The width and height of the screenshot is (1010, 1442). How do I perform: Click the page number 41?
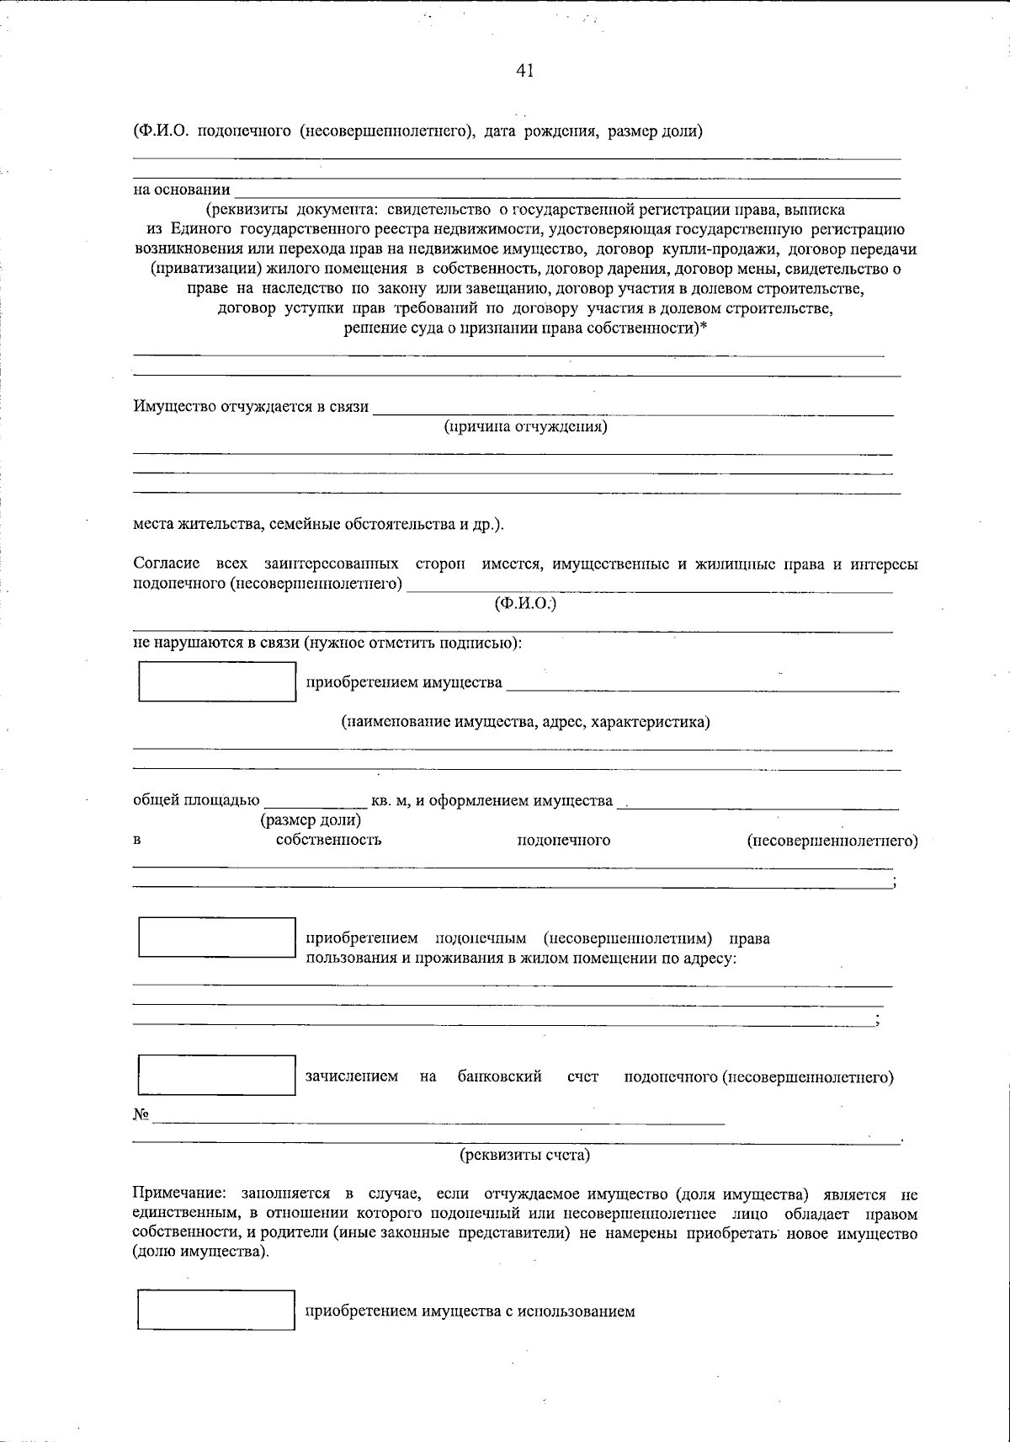click(x=524, y=71)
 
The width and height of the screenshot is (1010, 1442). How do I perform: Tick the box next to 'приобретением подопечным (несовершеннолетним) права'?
click(x=216, y=937)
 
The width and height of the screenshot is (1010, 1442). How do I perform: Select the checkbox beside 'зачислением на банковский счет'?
click(x=216, y=1075)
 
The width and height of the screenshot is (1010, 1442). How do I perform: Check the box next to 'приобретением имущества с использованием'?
click(x=216, y=1310)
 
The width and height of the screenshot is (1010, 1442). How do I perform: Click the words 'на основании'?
click(x=182, y=190)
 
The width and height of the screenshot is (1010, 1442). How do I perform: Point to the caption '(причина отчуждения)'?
click(x=526, y=426)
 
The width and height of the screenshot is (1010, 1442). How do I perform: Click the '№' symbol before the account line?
click(x=141, y=1115)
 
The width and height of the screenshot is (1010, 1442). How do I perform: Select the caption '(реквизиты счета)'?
click(x=524, y=1155)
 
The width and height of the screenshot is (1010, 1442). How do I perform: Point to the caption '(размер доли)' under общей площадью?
click(x=311, y=819)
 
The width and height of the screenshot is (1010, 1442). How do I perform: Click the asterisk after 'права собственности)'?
click(x=704, y=328)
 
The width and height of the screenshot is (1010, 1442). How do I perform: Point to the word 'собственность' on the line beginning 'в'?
click(x=328, y=840)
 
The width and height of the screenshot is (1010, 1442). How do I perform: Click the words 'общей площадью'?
click(x=196, y=800)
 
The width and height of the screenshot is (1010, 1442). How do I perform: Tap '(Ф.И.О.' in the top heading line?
click(x=159, y=131)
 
